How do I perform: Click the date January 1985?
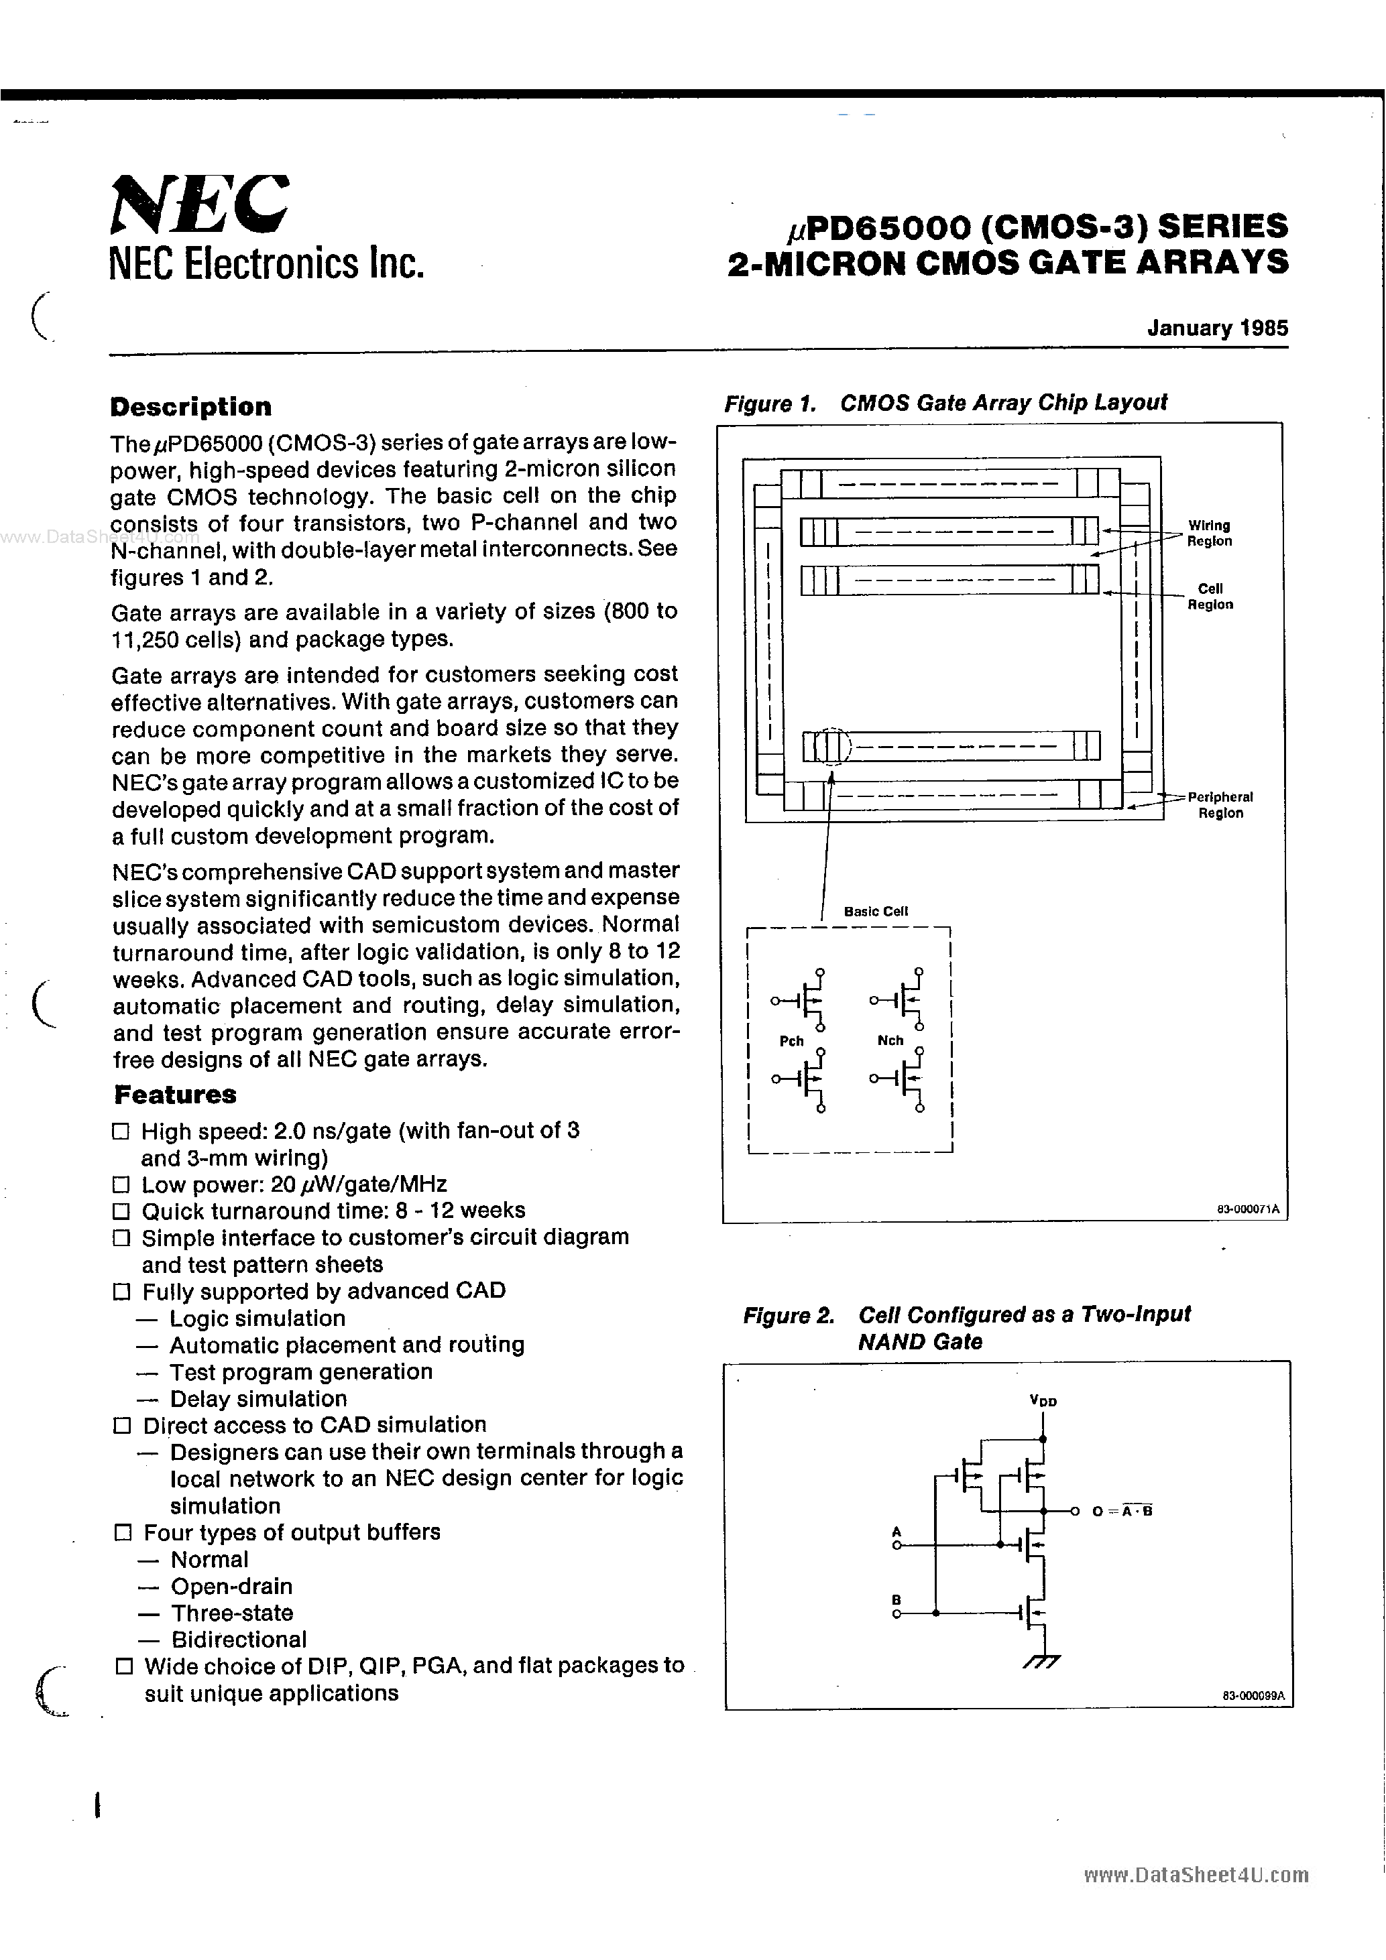(x=1217, y=328)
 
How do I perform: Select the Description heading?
(x=190, y=407)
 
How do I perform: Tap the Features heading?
(x=175, y=1095)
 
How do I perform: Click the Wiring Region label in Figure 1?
(x=1209, y=534)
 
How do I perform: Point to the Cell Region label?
(x=1210, y=597)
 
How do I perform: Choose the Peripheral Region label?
(x=1220, y=805)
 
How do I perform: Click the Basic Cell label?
(x=875, y=912)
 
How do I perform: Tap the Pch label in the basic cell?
(x=792, y=1042)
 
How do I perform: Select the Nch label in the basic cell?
(x=890, y=1040)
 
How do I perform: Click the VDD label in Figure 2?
(x=1043, y=1401)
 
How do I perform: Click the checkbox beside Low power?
(x=121, y=1185)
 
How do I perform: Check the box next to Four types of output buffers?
(x=123, y=1532)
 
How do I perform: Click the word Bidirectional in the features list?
(x=238, y=1640)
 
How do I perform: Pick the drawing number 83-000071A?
(x=1248, y=1209)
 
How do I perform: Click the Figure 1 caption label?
(x=945, y=403)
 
